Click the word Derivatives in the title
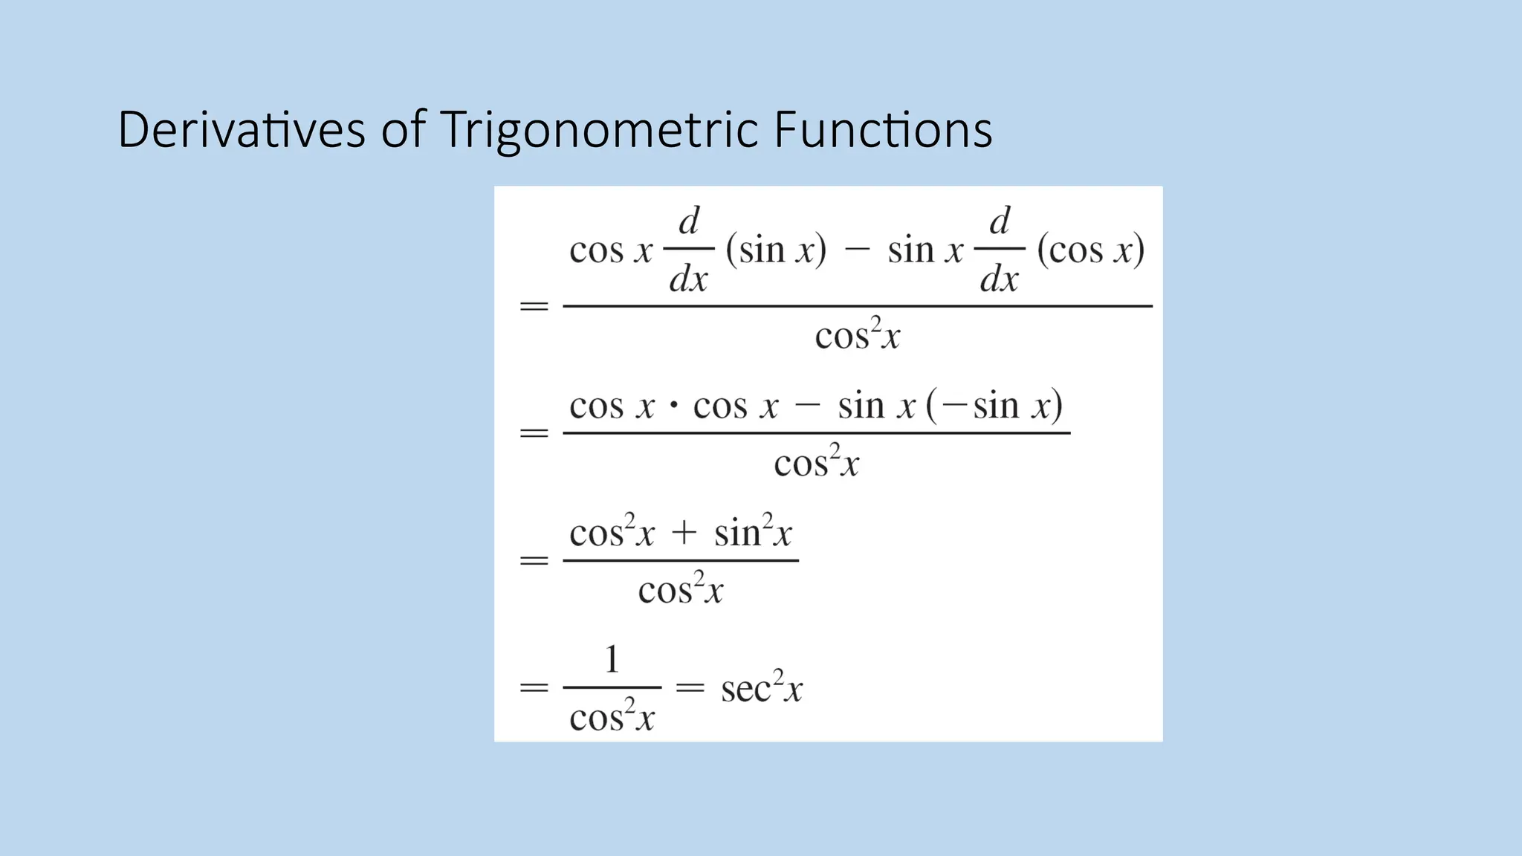[x=242, y=130]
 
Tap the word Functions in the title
[x=882, y=130]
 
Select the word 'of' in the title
[x=403, y=130]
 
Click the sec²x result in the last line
[x=762, y=687]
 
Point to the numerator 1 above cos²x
[x=612, y=659]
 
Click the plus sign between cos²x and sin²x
[x=684, y=534]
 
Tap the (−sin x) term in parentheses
[x=994, y=406]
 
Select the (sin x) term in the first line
[x=776, y=250]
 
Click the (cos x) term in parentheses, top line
[x=1090, y=250]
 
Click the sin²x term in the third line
[x=753, y=532]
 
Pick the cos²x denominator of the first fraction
[x=857, y=335]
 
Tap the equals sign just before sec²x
[x=690, y=688]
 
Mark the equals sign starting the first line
[x=534, y=306]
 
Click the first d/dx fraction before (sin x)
[x=689, y=250]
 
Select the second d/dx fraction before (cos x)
[x=1000, y=250]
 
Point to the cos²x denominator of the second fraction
[x=816, y=463]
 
